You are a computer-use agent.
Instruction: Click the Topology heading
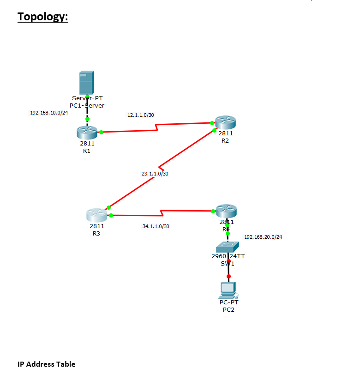43,17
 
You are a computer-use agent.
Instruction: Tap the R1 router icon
87,132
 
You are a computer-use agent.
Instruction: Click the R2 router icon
226,122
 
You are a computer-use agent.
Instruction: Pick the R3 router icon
96,215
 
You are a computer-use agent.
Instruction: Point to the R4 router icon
226,211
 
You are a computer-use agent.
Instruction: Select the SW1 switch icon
227,247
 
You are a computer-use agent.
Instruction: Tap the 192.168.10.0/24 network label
49,113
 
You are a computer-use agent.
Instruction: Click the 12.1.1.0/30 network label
141,115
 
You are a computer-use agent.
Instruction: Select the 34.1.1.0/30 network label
156,226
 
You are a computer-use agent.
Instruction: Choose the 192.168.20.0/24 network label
263,237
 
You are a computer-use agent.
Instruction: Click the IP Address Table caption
46,364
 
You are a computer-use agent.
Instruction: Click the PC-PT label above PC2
229,302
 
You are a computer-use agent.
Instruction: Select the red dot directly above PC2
228,277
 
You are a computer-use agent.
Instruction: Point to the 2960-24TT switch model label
228,256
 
